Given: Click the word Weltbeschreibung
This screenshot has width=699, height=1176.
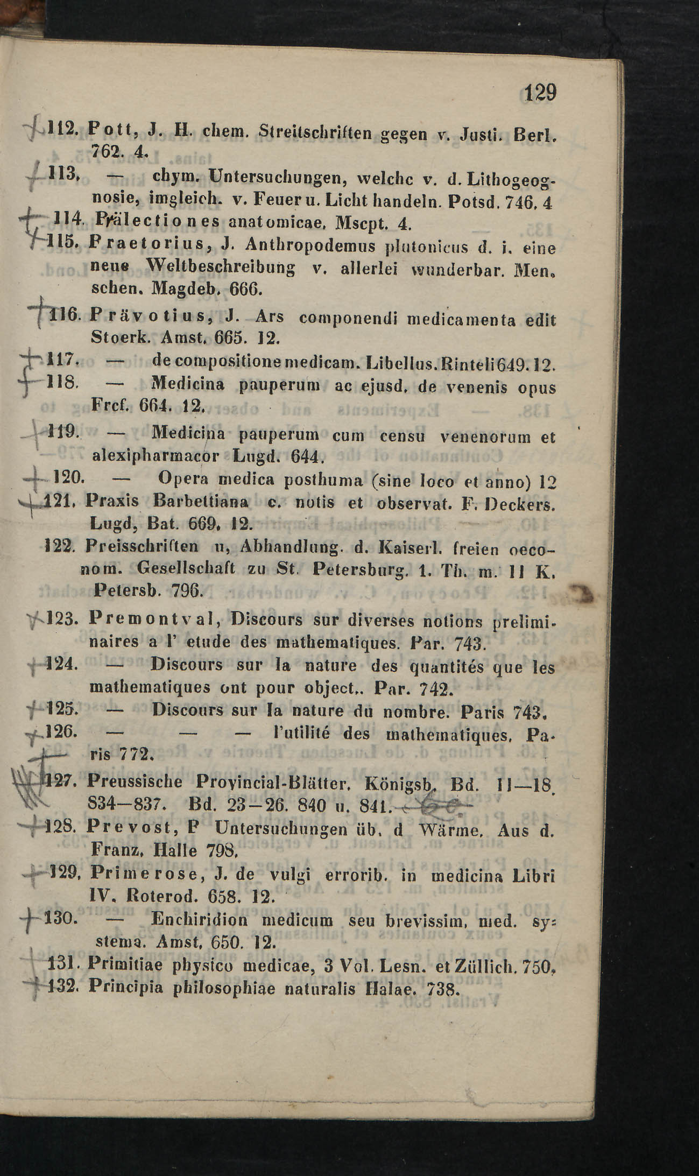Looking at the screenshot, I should click(x=222, y=267).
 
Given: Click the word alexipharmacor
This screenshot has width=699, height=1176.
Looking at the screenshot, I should click(x=156, y=456).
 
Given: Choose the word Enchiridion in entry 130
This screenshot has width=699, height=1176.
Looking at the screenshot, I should click(x=200, y=918).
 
